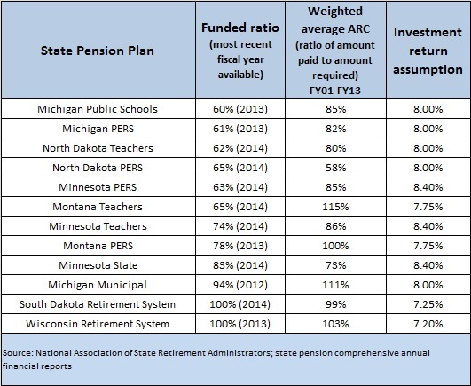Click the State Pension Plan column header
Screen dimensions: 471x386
pyautogui.click(x=98, y=51)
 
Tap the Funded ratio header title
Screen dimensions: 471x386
pyautogui.click(x=240, y=28)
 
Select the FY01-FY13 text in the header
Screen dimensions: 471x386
pyautogui.click(x=335, y=91)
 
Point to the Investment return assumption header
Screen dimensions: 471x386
pyautogui.click(x=428, y=51)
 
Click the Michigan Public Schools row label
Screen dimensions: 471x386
pyautogui.click(x=98, y=109)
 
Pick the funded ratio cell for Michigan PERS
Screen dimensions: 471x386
pyautogui.click(x=240, y=129)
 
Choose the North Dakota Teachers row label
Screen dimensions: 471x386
pyautogui.click(x=98, y=148)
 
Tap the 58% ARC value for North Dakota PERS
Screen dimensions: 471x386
pyautogui.click(x=336, y=168)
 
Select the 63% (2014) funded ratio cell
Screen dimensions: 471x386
pyautogui.click(x=240, y=187)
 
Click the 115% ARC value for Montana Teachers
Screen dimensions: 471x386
pyautogui.click(x=335, y=207)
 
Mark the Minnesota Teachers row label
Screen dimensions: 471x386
pyautogui.click(x=98, y=226)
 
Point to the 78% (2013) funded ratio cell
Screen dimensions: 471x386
pyautogui.click(x=240, y=246)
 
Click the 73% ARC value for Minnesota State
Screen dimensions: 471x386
pyautogui.click(x=336, y=265)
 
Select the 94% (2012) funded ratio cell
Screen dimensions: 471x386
pyautogui.click(x=240, y=285)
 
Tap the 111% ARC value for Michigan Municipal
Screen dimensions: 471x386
pyautogui.click(x=335, y=285)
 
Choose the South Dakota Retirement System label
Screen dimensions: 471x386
pyautogui.click(x=98, y=304)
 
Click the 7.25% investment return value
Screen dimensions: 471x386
pyautogui.click(x=428, y=304)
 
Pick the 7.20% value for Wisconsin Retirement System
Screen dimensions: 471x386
pyautogui.click(x=428, y=324)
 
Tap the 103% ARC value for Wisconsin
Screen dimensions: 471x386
pyautogui.click(x=335, y=324)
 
